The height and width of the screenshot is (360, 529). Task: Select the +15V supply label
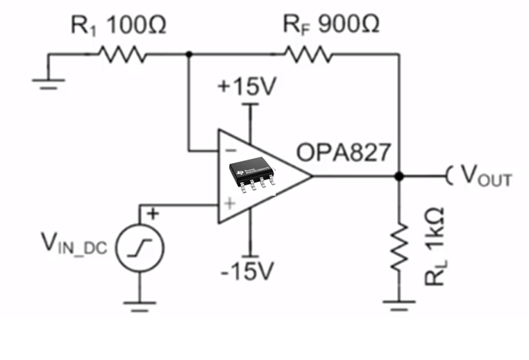[x=246, y=87]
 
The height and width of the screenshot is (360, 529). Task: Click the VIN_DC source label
[x=74, y=243]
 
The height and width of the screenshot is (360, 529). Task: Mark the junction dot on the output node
[x=399, y=176]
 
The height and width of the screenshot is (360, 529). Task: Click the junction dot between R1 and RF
[x=189, y=54]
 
